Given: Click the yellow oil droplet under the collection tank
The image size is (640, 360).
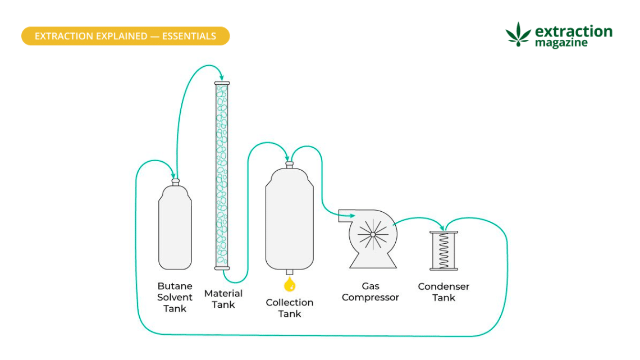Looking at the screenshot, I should click(290, 285).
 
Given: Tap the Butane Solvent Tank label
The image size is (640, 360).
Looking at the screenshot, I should click(175, 297).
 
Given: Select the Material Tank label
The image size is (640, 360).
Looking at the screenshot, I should click(223, 299).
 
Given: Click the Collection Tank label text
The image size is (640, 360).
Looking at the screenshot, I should click(290, 308).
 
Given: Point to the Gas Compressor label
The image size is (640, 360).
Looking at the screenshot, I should click(370, 292).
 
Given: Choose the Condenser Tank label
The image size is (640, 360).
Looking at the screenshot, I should click(444, 292).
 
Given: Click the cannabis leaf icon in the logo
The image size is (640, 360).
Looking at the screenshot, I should click(518, 34).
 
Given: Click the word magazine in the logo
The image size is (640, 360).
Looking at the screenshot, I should click(561, 43).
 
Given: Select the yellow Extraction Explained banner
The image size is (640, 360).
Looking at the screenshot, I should click(125, 36).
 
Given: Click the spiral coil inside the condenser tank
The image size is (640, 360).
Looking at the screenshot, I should click(444, 250).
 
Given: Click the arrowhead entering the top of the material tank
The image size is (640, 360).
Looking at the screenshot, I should click(222, 78).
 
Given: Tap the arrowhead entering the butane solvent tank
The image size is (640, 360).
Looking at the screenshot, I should click(174, 176).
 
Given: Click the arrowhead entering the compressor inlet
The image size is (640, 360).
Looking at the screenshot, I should click(351, 215).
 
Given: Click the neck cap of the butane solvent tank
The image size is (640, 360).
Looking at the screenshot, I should click(175, 182).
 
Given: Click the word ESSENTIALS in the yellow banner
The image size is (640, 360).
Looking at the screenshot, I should click(189, 36).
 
